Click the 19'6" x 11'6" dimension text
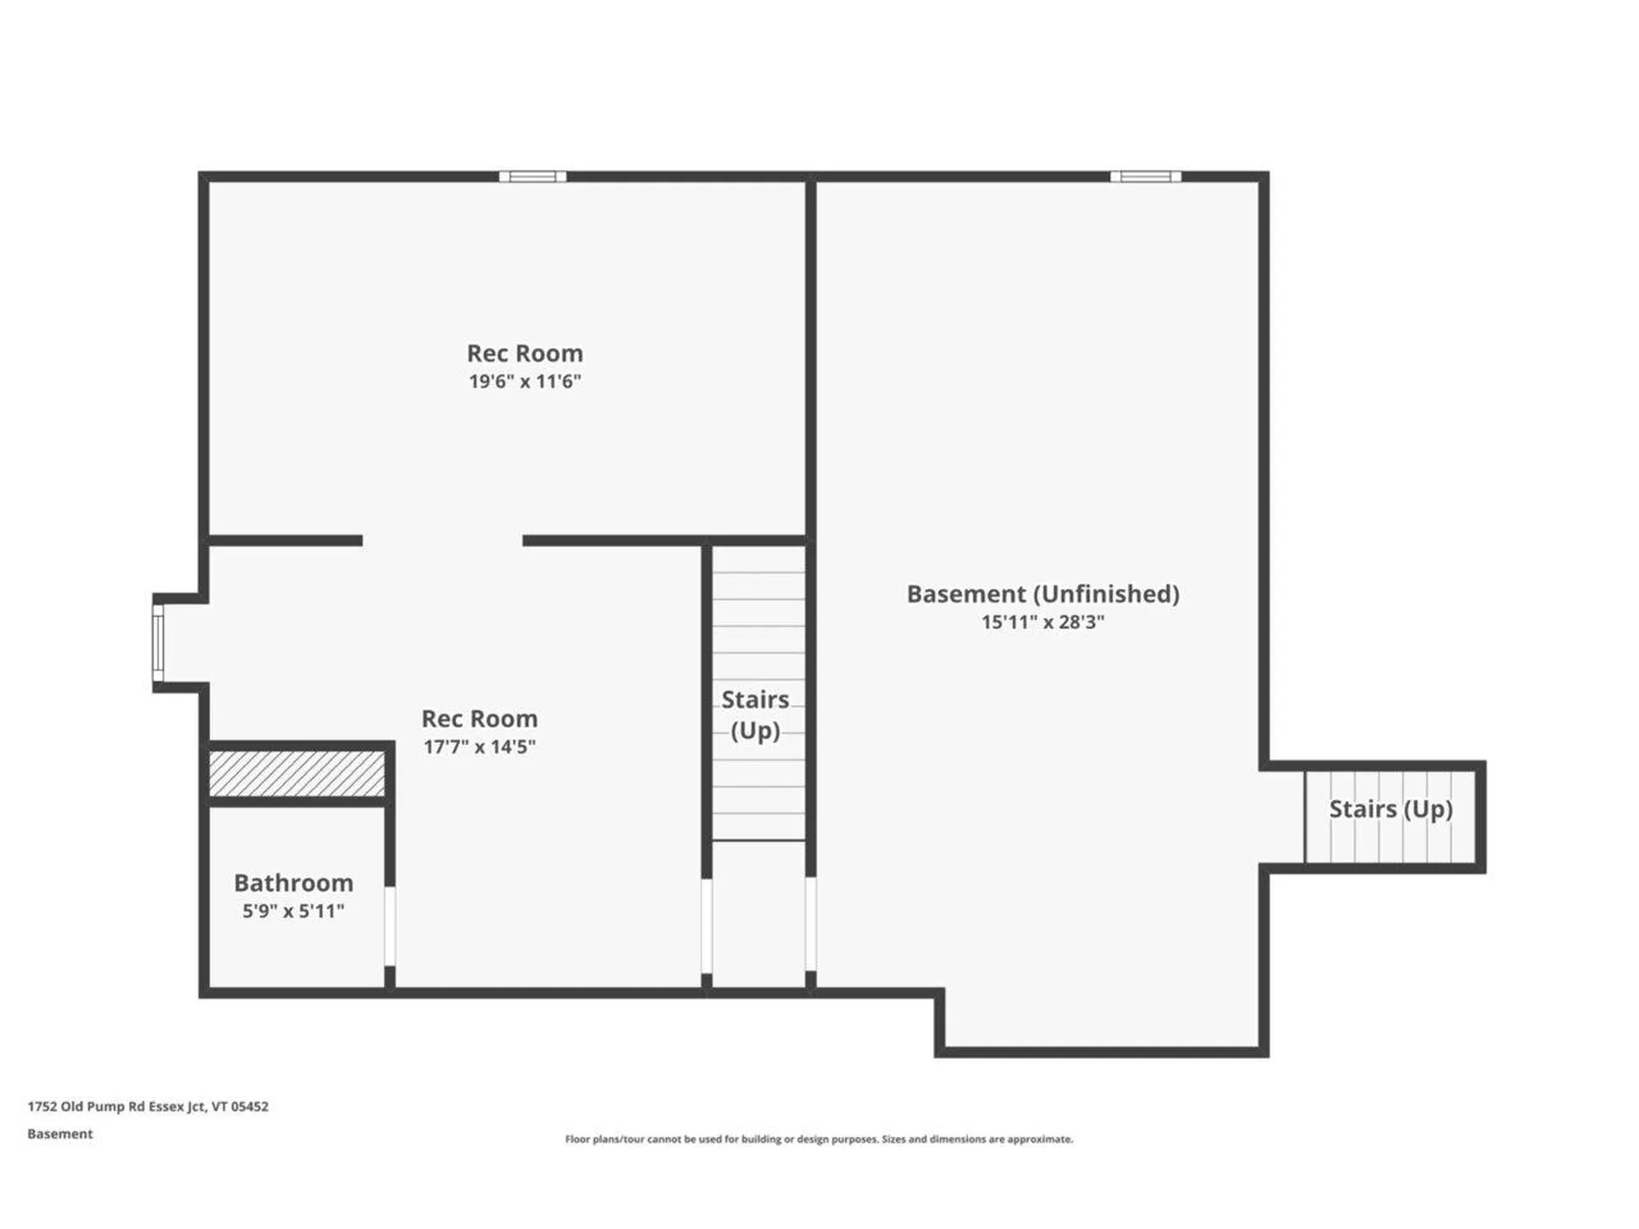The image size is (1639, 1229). [x=525, y=382]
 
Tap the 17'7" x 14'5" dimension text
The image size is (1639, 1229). [x=480, y=747]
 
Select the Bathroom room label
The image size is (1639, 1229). [x=294, y=882]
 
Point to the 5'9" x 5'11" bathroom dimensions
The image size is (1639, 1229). [x=294, y=911]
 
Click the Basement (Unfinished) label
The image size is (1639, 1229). [x=1043, y=594]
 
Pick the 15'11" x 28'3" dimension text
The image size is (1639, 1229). [x=1043, y=622]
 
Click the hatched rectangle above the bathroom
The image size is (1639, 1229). [x=297, y=774]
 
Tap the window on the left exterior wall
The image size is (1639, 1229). [x=158, y=643]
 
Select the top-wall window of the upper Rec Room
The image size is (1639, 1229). [x=533, y=177]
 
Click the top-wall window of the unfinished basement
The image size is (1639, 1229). [x=1146, y=177]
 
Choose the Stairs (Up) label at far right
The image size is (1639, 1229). [x=1391, y=809]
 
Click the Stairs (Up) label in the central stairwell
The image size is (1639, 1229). [x=755, y=715]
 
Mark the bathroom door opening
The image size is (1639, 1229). [x=390, y=927]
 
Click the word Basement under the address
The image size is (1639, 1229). [x=60, y=1134]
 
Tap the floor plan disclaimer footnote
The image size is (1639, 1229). [x=819, y=1139]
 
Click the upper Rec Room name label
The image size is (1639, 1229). [x=525, y=353]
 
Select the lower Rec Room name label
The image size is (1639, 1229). [x=480, y=719]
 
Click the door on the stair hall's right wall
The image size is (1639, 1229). [x=810, y=924]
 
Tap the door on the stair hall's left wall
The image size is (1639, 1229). [x=707, y=926]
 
